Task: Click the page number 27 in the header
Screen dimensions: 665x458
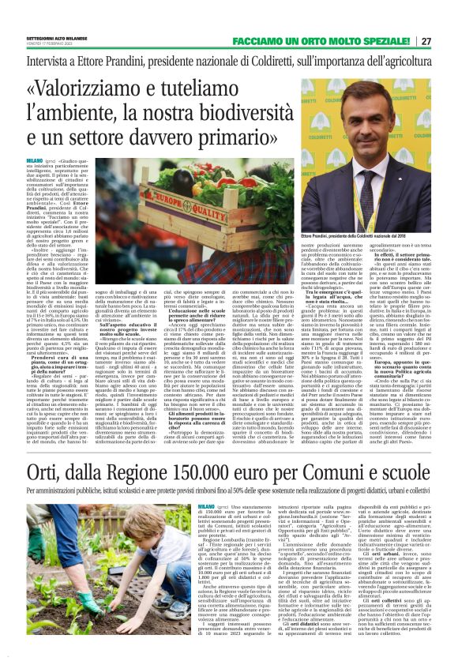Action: (448, 40)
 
